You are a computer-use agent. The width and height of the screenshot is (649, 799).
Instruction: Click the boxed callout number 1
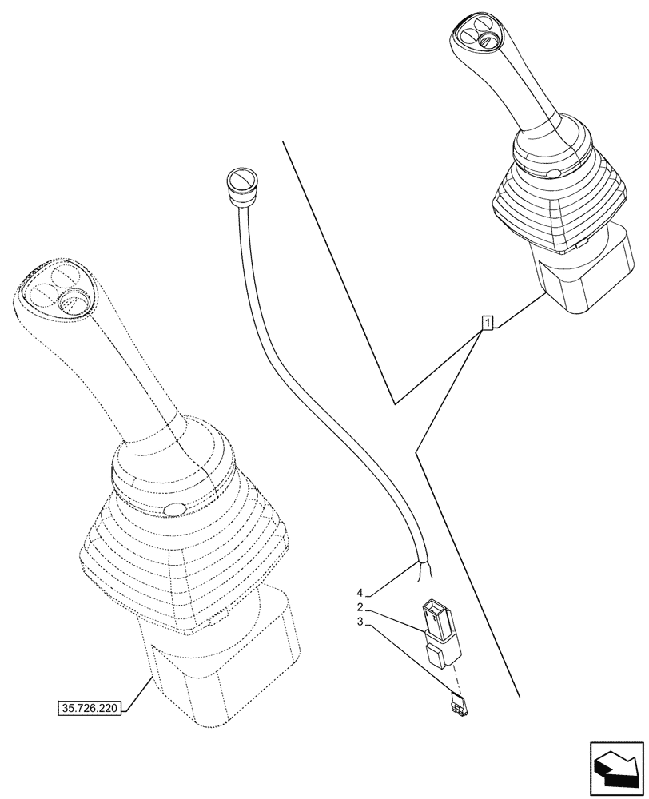tap(487, 323)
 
